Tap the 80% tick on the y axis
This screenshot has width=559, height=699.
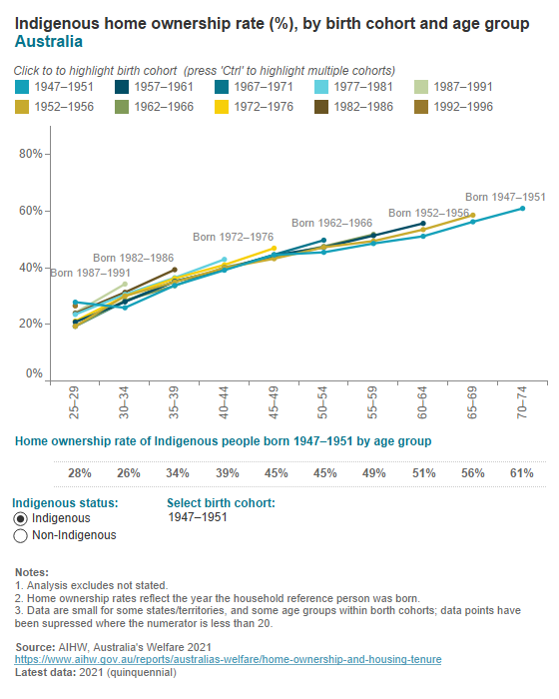32,154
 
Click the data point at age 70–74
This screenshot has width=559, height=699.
522,208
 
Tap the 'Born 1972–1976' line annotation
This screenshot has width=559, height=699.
234,237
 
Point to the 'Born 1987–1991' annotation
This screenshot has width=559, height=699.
90,272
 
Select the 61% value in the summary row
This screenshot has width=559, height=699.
522,473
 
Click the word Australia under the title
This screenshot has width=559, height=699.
48,42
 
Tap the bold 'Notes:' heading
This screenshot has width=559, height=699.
33,571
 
